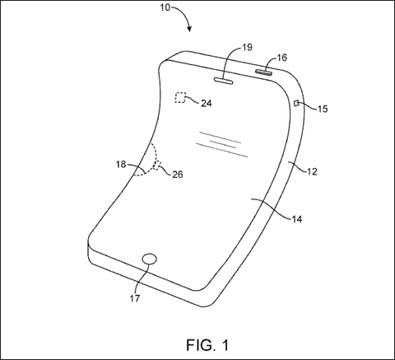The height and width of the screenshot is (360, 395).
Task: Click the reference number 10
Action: click(165, 7)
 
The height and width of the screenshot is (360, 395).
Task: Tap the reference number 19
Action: click(248, 47)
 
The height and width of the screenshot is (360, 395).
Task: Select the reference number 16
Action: click(281, 58)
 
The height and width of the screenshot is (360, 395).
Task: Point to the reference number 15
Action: click(323, 109)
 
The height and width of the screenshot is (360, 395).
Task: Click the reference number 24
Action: click(207, 103)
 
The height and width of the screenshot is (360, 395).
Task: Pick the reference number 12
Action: click(312, 171)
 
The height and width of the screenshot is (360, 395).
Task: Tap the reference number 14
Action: click(296, 219)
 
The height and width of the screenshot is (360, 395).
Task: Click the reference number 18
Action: click(121, 164)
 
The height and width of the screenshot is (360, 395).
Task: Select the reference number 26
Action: click(178, 175)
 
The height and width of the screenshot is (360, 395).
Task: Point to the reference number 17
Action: click(135, 298)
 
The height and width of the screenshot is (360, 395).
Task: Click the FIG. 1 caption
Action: click(207, 345)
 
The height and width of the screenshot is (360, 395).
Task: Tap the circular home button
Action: click(150, 259)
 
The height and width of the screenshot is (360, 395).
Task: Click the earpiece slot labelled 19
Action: click(223, 80)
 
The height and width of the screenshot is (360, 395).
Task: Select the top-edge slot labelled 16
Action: click(264, 72)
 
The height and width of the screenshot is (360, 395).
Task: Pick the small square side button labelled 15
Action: click(296, 103)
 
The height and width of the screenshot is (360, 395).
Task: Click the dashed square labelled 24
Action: click(180, 97)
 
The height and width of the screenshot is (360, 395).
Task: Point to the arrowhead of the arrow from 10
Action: click(189, 29)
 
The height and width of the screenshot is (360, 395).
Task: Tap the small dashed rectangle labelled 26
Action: click(158, 166)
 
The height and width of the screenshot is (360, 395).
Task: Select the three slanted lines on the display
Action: click(222, 144)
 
